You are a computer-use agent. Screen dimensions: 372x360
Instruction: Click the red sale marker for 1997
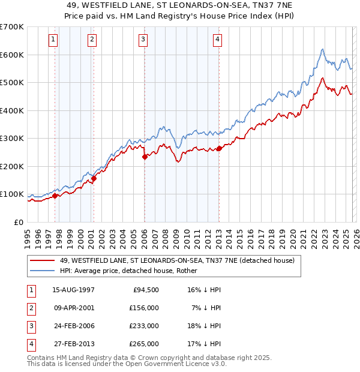tap(55, 196)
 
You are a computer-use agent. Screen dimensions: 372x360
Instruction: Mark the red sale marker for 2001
tap(94, 179)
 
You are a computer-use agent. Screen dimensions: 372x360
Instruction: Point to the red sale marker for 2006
tap(145, 157)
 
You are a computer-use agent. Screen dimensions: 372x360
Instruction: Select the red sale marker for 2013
tap(219, 148)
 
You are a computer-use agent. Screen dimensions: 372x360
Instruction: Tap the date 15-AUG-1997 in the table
tap(74, 290)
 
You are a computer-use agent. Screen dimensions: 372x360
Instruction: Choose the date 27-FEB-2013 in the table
tap(74, 344)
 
